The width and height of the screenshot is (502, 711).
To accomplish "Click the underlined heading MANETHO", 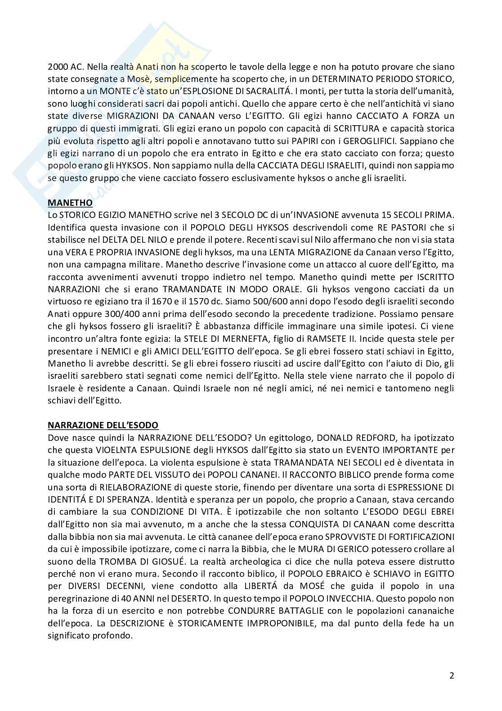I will coord(70,203).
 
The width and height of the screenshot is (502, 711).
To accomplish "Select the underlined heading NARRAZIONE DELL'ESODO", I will coord(103,425).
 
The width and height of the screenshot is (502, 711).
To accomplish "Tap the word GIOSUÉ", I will coord(163,562).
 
